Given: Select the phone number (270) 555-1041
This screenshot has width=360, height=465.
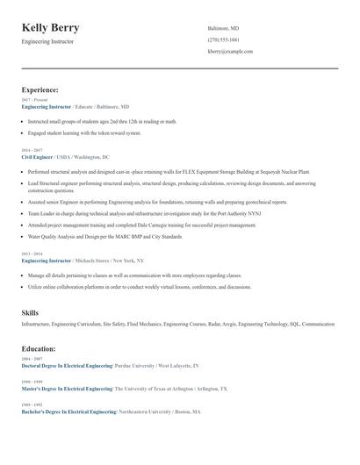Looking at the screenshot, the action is pos(223,39).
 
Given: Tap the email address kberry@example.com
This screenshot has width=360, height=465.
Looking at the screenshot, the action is pos(230,51).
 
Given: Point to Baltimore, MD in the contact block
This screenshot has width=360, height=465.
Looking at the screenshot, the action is pos(223,28).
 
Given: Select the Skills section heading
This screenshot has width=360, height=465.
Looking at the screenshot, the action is pos(30,312).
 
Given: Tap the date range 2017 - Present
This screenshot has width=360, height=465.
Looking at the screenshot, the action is pos(34,100).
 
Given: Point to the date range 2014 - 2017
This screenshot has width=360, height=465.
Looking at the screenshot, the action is pos(32,150).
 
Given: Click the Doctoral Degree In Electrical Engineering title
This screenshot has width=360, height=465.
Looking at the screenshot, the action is pos(67,365).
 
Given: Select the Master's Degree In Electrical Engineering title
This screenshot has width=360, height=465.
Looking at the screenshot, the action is pos(67,388).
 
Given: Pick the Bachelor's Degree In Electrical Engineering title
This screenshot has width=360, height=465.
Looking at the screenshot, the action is pos(68,411).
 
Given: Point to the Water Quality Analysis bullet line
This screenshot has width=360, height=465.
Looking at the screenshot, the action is pos(105,236).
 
